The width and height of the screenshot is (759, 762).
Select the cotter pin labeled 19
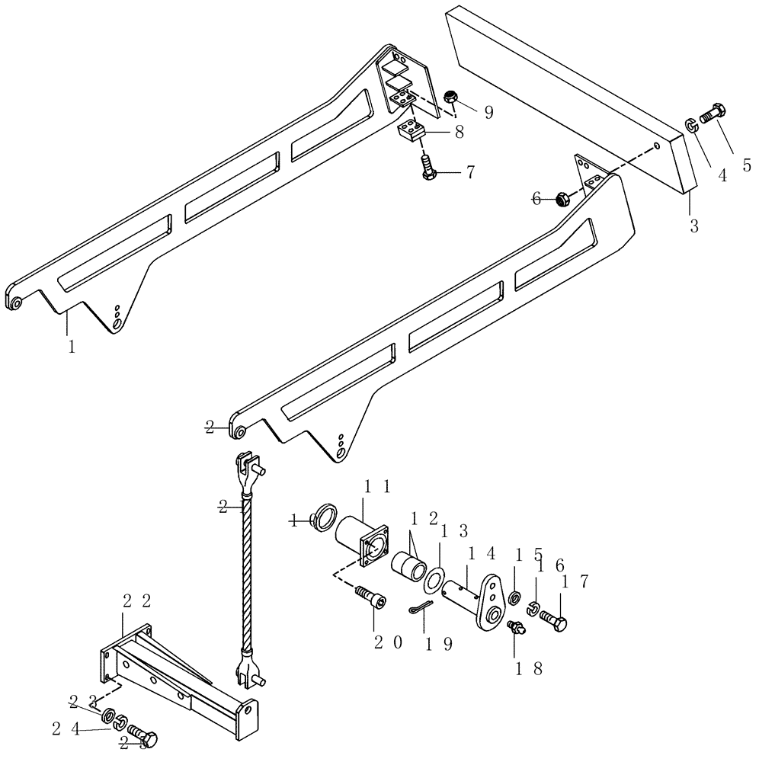coord(419,607)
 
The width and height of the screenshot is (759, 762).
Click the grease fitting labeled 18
coord(516,626)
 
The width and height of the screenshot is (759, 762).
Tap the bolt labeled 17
coord(553,621)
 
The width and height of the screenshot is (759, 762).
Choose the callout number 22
coord(136,601)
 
